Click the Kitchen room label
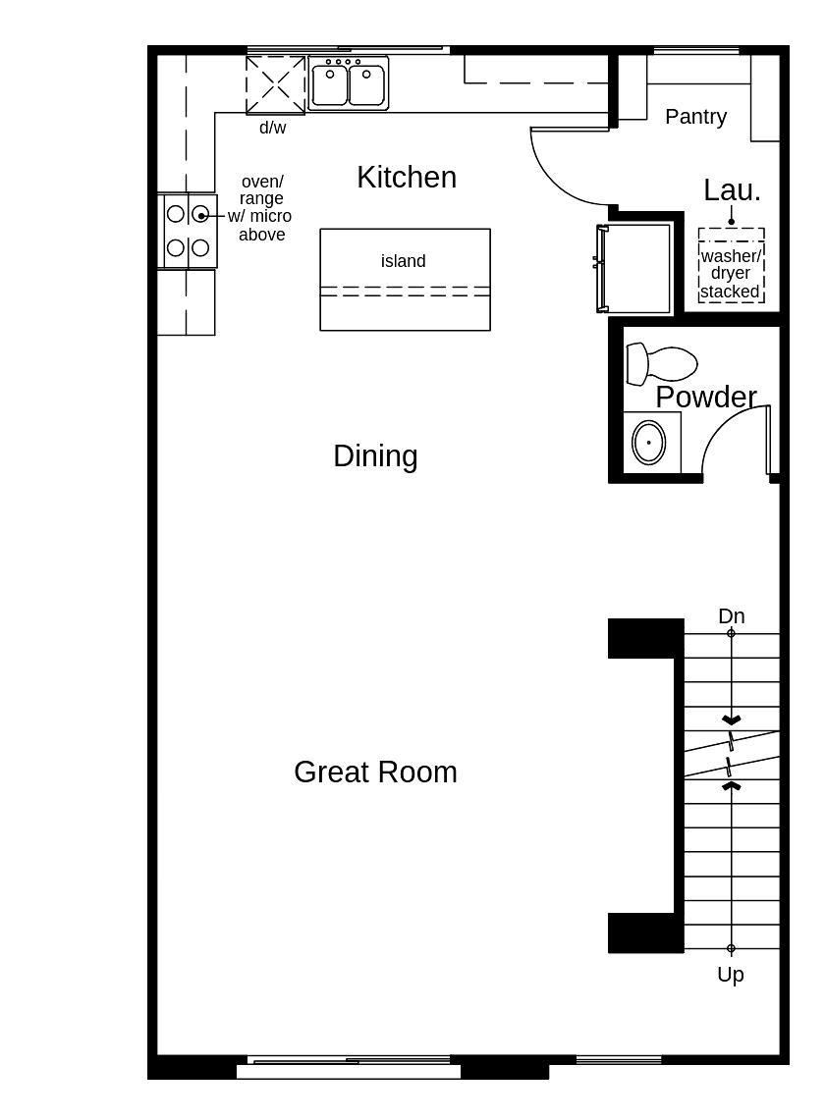407,177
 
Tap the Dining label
375,455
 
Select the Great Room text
375,772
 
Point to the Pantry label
695,116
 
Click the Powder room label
705,397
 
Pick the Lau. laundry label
732,190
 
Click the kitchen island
405,294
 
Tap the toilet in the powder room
660,363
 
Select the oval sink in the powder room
648,442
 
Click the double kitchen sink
349,82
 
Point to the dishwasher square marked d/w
275,85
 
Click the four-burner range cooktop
188,231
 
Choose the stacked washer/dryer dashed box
731,265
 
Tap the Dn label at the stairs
731,615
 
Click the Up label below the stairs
730,974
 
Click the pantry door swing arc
565,172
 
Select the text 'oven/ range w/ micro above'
261,208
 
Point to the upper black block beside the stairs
645,638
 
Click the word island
404,261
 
